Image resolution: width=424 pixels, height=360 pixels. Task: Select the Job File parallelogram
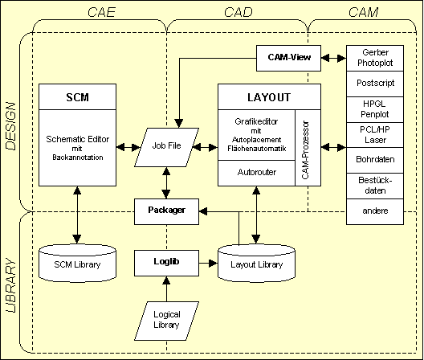coord(166,147)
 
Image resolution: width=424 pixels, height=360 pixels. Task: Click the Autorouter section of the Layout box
coord(256,172)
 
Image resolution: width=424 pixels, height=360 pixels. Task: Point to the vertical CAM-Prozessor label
coord(308,147)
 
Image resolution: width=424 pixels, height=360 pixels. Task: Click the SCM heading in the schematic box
coord(77,97)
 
